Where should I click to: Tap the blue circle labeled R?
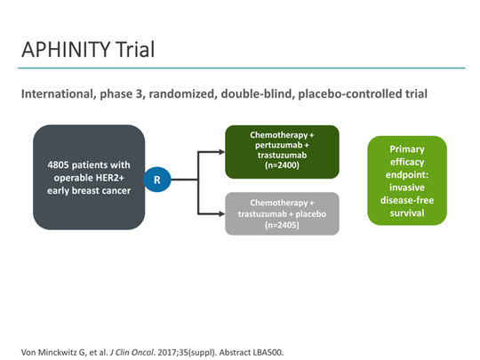coord(157,180)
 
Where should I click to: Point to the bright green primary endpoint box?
coord(406,180)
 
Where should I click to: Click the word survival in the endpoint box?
coord(406,212)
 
